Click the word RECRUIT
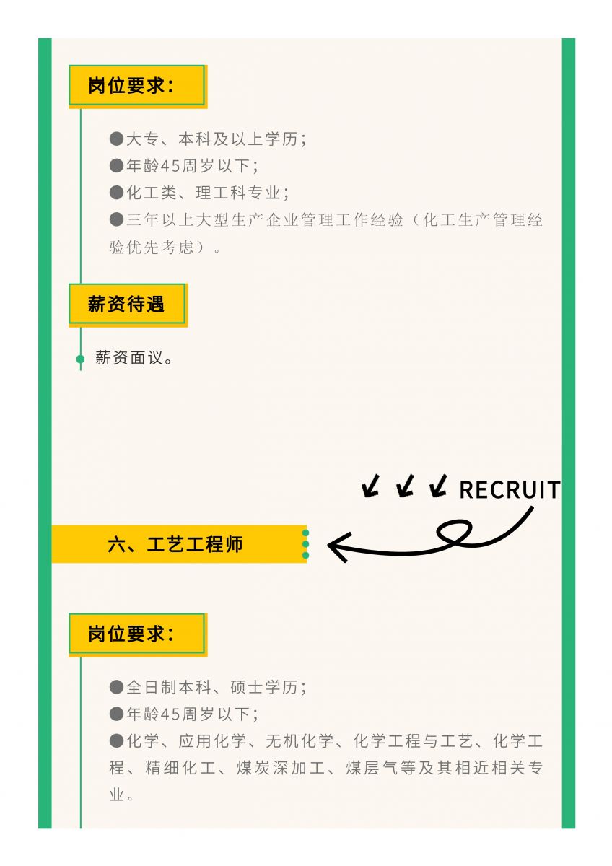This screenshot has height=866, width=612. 510,490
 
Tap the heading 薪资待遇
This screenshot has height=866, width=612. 127,305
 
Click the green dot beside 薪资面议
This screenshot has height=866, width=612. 80,359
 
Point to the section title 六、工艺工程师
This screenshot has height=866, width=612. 175,545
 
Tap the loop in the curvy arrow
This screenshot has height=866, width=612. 455,533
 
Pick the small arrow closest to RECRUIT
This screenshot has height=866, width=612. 437,487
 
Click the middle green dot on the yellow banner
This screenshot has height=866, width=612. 305,544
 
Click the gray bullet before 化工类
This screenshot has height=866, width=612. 116,193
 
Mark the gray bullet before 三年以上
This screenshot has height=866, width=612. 116,219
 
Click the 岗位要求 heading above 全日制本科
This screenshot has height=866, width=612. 131,634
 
